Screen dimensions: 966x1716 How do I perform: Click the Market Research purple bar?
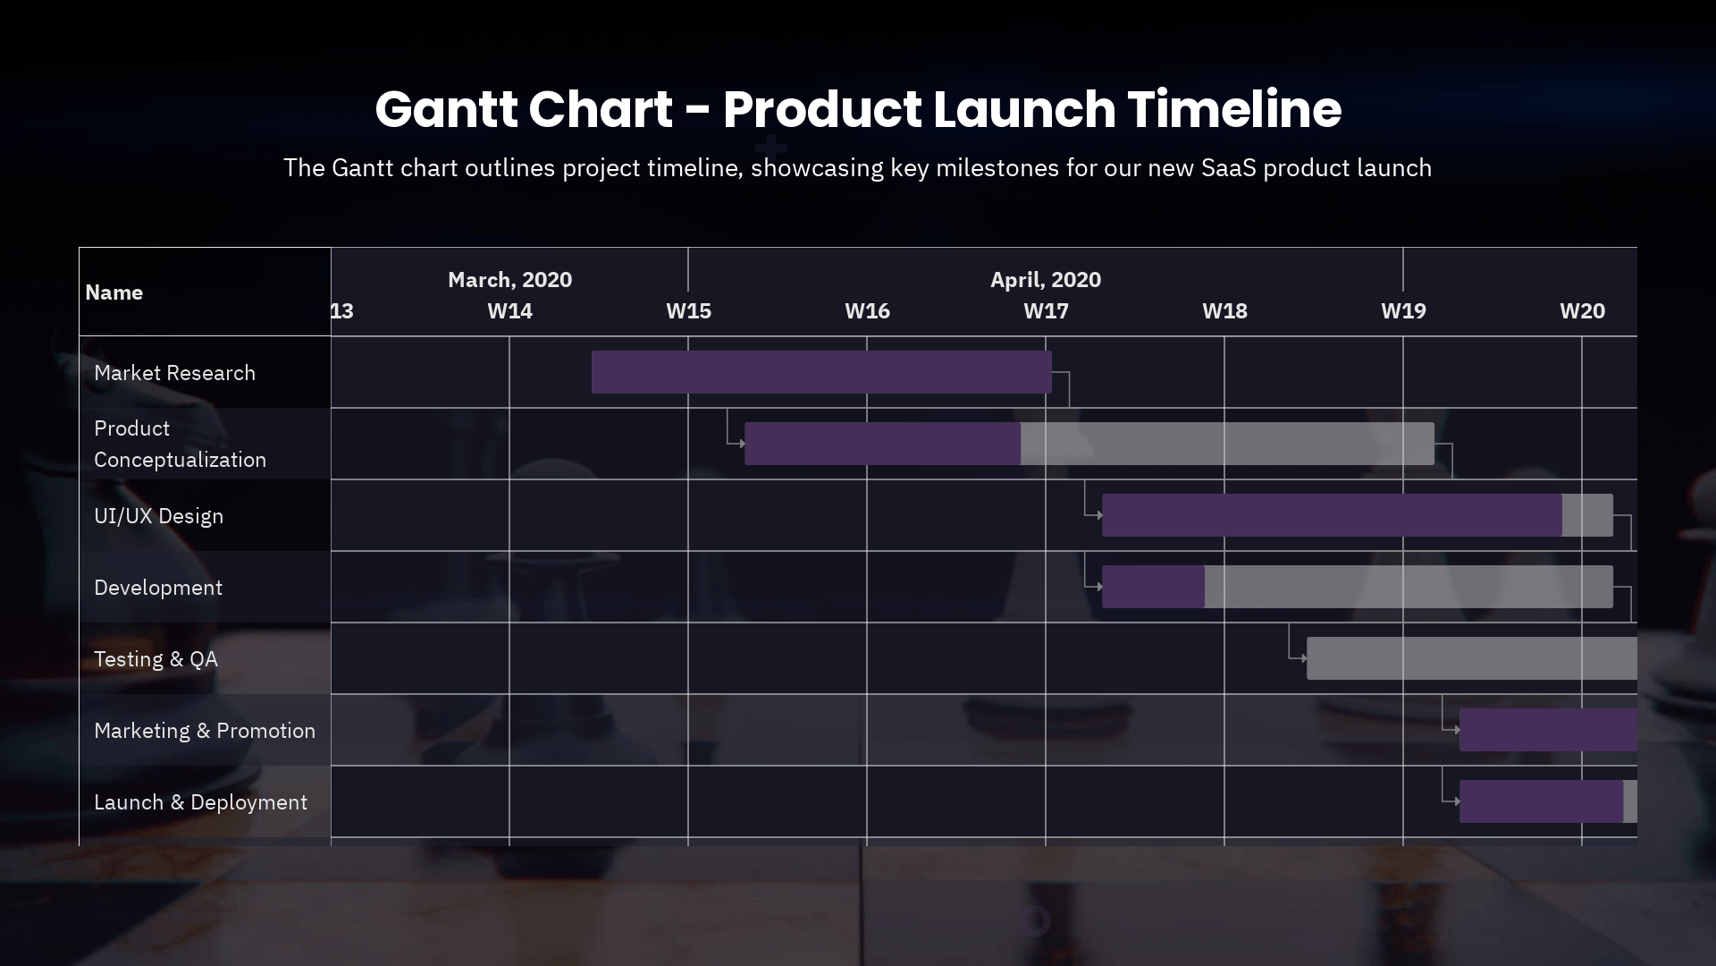(x=820, y=372)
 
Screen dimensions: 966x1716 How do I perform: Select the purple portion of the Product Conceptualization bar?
(x=881, y=444)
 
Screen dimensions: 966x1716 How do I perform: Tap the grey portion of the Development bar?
(x=1408, y=587)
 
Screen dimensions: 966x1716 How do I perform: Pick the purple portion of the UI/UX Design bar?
(x=1331, y=515)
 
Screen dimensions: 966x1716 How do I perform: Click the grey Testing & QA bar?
(x=1471, y=658)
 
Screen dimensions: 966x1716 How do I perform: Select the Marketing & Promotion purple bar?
(x=1548, y=730)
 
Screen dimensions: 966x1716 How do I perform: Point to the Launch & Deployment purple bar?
(x=1541, y=801)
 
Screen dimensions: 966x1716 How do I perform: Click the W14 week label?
(x=509, y=311)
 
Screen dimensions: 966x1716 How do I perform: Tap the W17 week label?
(x=1046, y=311)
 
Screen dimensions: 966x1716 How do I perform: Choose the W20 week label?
(x=1582, y=311)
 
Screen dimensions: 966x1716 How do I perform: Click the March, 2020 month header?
(x=509, y=280)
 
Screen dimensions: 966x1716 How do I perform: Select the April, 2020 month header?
(x=1046, y=280)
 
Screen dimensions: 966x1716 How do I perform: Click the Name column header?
(x=114, y=292)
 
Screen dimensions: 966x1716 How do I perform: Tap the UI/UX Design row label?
(x=158, y=516)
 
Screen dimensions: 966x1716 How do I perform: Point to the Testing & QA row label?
(x=156, y=659)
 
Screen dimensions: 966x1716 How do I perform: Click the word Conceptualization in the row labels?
(x=180, y=460)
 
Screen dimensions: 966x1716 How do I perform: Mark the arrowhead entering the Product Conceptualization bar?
(x=742, y=444)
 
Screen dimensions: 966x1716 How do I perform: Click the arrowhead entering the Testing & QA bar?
(x=1304, y=658)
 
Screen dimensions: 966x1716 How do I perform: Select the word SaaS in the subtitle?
(x=1228, y=168)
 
